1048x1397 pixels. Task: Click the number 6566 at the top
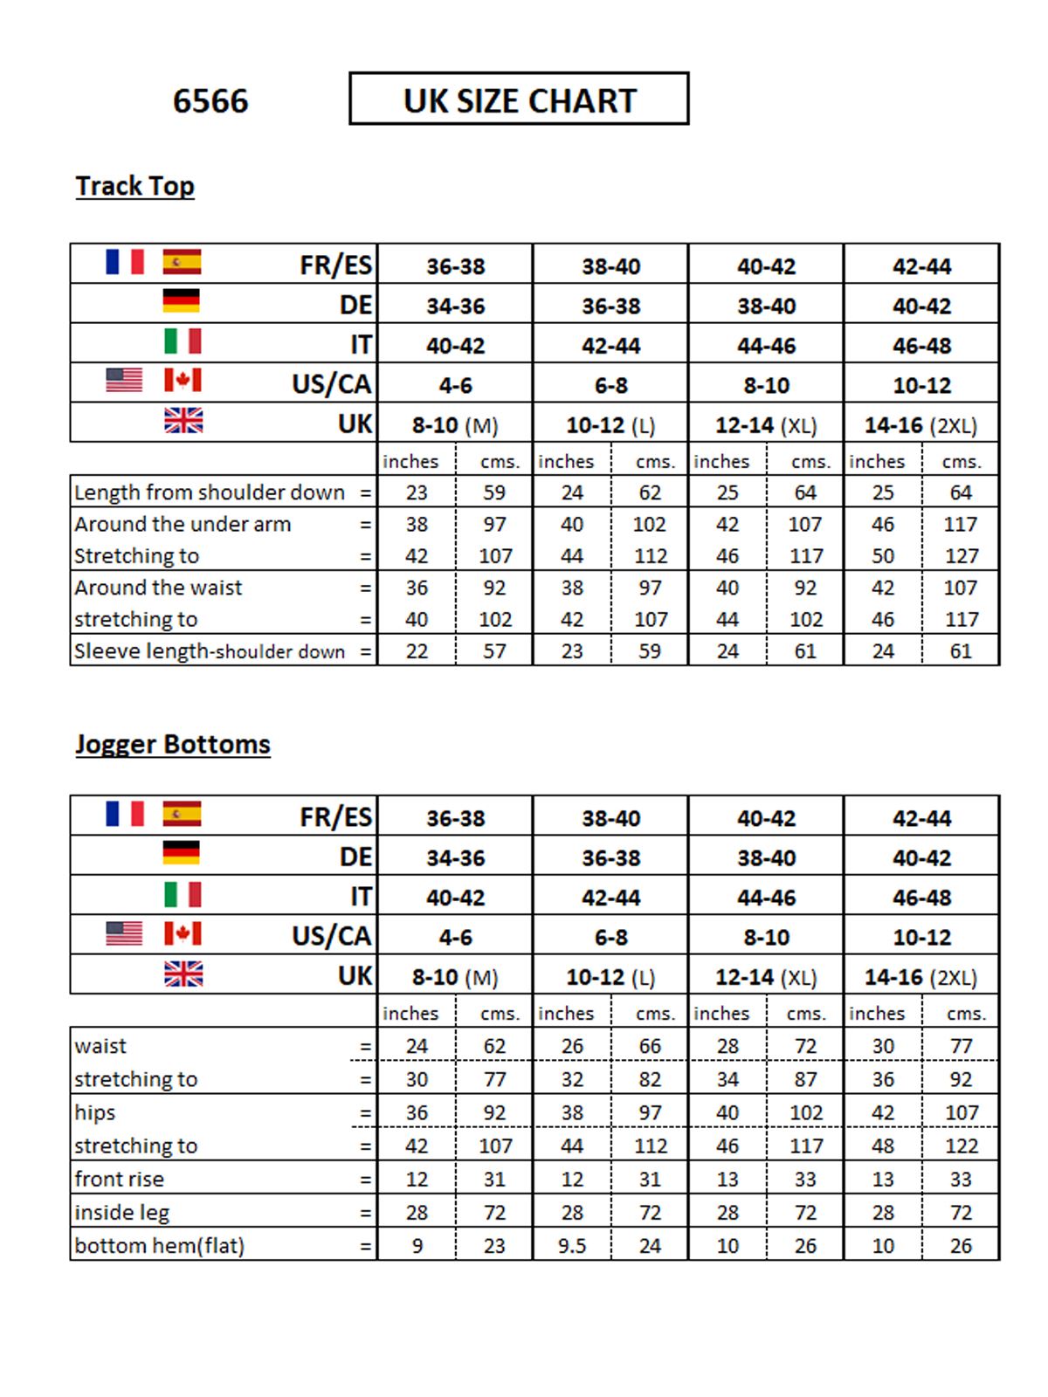tap(210, 101)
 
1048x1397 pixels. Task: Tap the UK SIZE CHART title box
tap(519, 100)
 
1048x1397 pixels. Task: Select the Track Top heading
tap(134, 186)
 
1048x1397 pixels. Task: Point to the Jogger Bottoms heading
tap(172, 744)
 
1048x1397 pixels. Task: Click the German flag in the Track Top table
tap(182, 301)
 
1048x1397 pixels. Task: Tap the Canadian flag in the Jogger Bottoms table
tap(183, 934)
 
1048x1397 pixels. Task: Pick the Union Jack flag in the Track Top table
tap(183, 422)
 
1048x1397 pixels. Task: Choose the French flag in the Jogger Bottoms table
tap(124, 814)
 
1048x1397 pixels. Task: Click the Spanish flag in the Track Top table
tap(182, 262)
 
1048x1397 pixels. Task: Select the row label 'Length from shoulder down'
tap(210, 492)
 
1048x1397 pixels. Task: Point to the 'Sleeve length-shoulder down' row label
tap(210, 651)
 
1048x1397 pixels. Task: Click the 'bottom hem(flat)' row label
tap(159, 1246)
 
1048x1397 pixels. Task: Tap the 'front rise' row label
tap(119, 1180)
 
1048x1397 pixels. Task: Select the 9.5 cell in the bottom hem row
tap(572, 1246)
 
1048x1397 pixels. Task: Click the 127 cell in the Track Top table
tap(961, 556)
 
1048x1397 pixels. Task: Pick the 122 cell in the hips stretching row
tap(961, 1146)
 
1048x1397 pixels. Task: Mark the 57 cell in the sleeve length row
tap(494, 651)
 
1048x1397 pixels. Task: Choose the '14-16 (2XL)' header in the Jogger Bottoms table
tap(920, 977)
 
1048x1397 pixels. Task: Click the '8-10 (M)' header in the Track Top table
tap(455, 425)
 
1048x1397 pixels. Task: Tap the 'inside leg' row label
tap(121, 1213)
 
